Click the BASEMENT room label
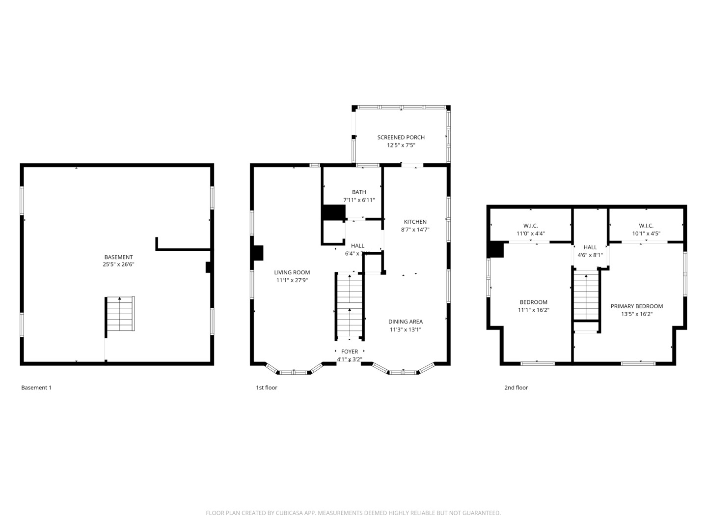118,257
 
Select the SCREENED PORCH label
401,137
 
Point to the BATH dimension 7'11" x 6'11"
359,200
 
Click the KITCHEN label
415,222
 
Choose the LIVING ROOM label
292,272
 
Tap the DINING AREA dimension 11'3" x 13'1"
406,330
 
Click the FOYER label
350,352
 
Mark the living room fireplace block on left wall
257,253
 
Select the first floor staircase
349,306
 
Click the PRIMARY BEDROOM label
636,306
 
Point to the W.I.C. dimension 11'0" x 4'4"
530,234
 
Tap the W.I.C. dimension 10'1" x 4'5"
646,234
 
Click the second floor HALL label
590,247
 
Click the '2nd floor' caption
516,387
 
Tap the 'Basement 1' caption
36,387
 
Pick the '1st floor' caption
267,387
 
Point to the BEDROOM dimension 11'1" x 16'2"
533,310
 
